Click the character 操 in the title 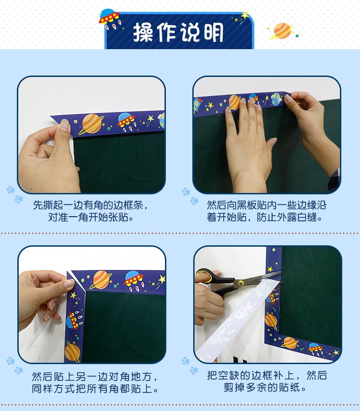(x=143, y=32)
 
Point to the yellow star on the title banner (x=245, y=15)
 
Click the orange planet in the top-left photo (x=91, y=124)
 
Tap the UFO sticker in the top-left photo (x=126, y=121)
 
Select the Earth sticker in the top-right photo (x=276, y=99)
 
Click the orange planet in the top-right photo (x=235, y=102)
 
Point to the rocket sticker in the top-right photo (x=197, y=105)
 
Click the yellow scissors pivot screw (x=241, y=283)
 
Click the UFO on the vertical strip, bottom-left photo (x=73, y=320)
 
